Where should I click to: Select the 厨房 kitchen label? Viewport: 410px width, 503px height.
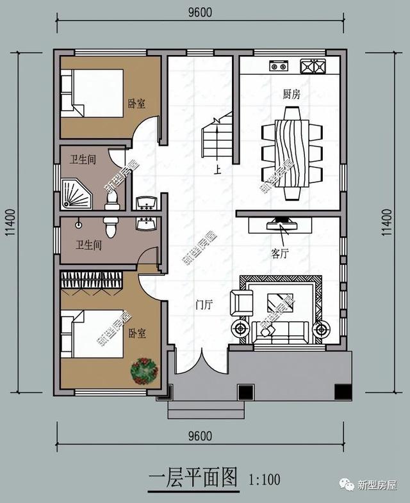[291, 94]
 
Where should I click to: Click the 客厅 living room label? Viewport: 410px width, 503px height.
[280, 253]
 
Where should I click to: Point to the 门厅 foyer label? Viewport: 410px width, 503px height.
[204, 306]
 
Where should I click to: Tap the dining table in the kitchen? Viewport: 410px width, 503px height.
[291, 152]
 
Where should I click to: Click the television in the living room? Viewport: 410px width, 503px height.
[282, 224]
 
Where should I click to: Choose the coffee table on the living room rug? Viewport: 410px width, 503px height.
[280, 301]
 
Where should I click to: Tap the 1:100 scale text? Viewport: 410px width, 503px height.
[261, 478]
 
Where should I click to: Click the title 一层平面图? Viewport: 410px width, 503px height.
[193, 477]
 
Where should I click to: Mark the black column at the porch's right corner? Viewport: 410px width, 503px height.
[343, 390]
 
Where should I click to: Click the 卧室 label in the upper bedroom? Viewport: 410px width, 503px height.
[136, 104]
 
